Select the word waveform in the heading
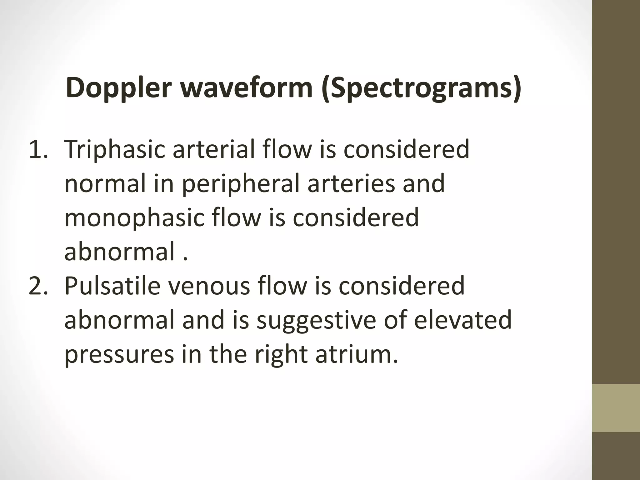[x=247, y=88]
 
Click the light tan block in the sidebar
[x=616, y=408]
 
